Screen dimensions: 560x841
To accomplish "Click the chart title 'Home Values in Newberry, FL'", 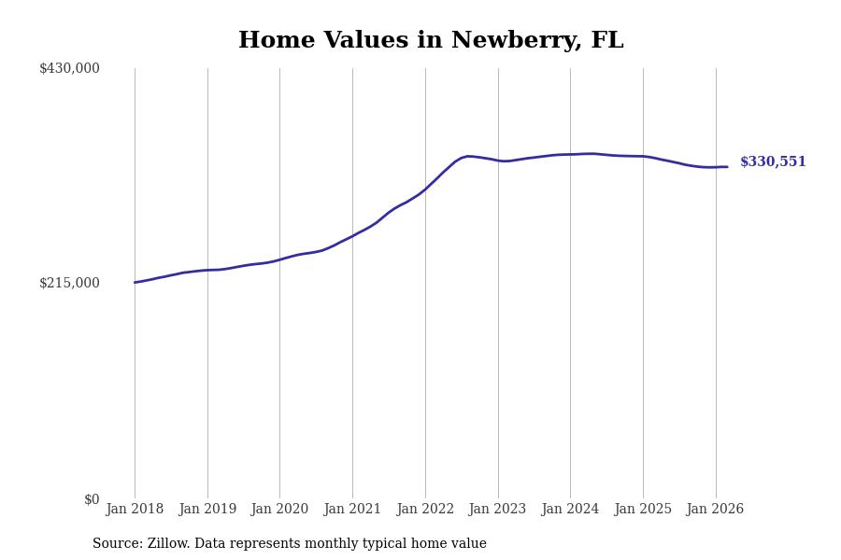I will [x=431, y=41].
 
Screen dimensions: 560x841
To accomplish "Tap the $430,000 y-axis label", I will [x=69, y=68].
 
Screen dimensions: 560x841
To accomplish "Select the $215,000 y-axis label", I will [x=69, y=283].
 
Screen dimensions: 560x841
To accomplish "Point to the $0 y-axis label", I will [x=92, y=499].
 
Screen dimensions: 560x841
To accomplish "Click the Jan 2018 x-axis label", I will [x=135, y=510].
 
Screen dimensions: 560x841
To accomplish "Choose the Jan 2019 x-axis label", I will [x=207, y=510].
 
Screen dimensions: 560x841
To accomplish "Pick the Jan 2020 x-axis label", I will [x=279, y=510].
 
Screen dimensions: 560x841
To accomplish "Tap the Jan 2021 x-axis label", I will [x=352, y=510].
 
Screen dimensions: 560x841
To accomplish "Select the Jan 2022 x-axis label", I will [x=425, y=510].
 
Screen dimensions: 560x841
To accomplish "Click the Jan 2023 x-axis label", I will [x=497, y=510].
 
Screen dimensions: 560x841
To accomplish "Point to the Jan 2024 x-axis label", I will [x=570, y=510].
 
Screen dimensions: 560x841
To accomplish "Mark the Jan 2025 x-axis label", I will [x=643, y=510].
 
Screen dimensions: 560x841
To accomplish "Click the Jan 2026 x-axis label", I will [x=715, y=510].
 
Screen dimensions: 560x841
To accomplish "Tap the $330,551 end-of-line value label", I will [x=773, y=162].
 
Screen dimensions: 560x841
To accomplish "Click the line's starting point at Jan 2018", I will [x=135, y=282].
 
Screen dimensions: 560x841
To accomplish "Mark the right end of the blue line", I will [x=727, y=167].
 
